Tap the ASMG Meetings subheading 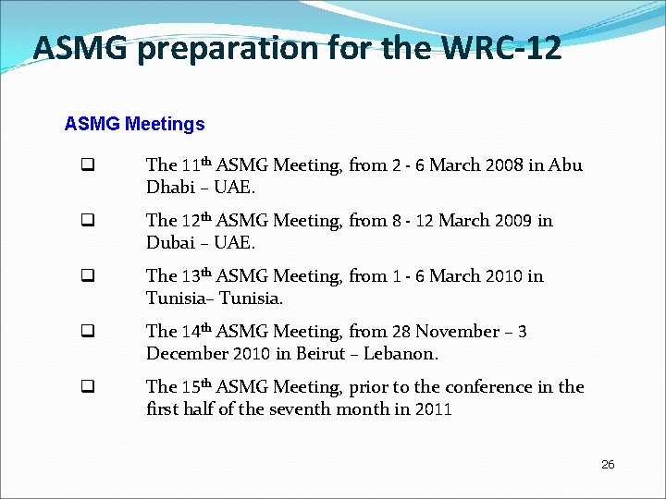tap(134, 124)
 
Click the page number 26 tap(608, 464)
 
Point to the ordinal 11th tap(196, 165)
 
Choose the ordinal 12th tap(196, 221)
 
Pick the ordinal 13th tap(196, 276)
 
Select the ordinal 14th tap(196, 331)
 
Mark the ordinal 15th tap(196, 386)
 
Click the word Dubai tap(169, 243)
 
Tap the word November tap(458, 332)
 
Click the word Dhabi tap(169, 188)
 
